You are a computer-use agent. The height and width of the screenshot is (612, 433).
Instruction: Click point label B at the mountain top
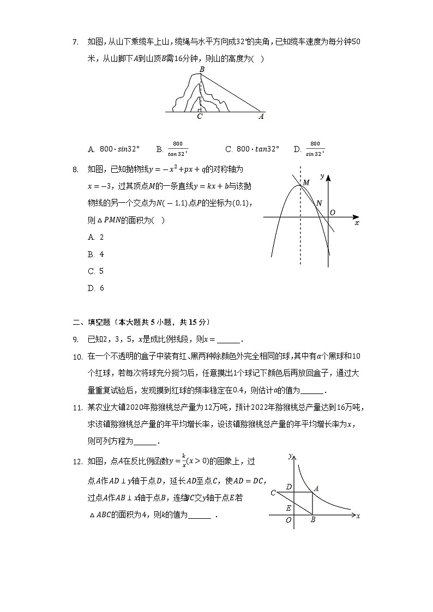point(202,70)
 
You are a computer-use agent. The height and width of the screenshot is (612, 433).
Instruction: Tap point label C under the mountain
point(200,117)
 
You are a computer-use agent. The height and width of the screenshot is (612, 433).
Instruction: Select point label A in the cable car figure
point(261,116)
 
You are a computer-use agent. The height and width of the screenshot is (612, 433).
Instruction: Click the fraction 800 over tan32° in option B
point(178,149)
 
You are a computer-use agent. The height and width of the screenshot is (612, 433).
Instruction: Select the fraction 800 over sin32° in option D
point(315,149)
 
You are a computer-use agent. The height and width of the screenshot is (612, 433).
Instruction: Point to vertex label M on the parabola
point(306,183)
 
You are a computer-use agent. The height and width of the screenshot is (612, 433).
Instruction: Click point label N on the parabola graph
point(319,203)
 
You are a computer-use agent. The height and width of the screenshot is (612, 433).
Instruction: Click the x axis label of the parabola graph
point(357,223)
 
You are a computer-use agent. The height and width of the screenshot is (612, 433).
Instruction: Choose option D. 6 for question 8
point(95,288)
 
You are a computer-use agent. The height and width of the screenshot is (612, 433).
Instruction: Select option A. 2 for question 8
point(95,237)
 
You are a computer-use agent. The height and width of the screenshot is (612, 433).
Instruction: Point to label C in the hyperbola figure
point(273,493)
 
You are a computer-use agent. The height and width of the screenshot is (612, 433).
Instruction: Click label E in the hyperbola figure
point(288,507)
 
